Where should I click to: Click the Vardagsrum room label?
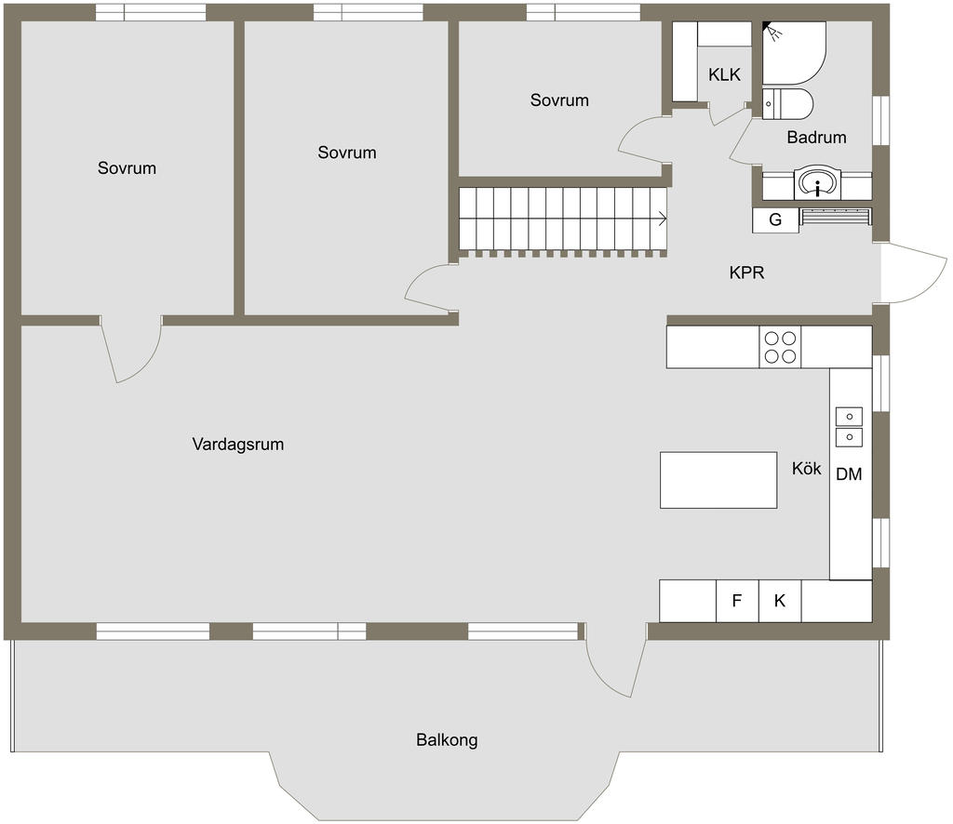pyautogui.click(x=237, y=444)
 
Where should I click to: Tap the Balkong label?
pyautogui.click(x=447, y=739)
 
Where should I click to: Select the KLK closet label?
pyautogui.click(x=724, y=74)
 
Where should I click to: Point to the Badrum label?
pyautogui.click(x=816, y=138)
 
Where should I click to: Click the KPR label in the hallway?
pyautogui.click(x=746, y=272)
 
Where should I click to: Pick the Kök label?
pyautogui.click(x=806, y=468)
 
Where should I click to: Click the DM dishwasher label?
pyautogui.click(x=849, y=474)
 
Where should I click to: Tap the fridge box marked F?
pyautogui.click(x=737, y=601)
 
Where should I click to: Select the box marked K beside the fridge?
pyautogui.click(x=780, y=601)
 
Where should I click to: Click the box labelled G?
pyautogui.click(x=775, y=219)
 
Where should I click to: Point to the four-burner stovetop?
pyautogui.click(x=780, y=347)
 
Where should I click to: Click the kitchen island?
pyautogui.click(x=718, y=480)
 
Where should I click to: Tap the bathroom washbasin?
pyautogui.click(x=817, y=183)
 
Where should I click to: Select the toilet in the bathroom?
pyautogui.click(x=787, y=104)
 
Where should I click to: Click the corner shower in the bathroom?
pyautogui.click(x=794, y=53)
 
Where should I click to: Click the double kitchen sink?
pyautogui.click(x=849, y=427)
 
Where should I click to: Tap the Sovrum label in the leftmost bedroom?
pyautogui.click(x=127, y=167)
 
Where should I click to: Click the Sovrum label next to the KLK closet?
pyautogui.click(x=559, y=100)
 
